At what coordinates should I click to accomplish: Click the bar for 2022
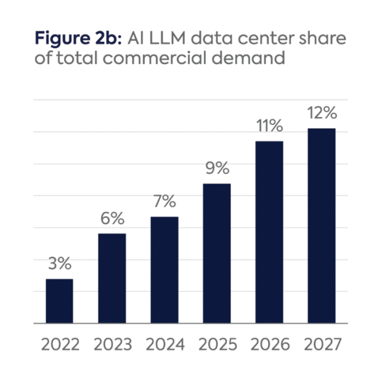pyautogui.click(x=60, y=301)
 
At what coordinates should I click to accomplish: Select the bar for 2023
pyautogui.click(x=112, y=278)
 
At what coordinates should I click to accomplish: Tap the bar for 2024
pyautogui.click(x=165, y=270)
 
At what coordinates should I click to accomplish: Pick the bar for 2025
pyautogui.click(x=217, y=253)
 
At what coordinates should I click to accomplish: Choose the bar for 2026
pyautogui.click(x=269, y=232)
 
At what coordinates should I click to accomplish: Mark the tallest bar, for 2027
pyautogui.click(x=322, y=225)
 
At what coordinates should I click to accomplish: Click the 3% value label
pyautogui.click(x=60, y=264)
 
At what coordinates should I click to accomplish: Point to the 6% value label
pyautogui.click(x=112, y=219)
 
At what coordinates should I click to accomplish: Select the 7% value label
pyautogui.click(x=165, y=201)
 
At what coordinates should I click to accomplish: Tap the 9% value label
pyautogui.click(x=217, y=168)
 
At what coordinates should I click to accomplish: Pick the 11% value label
pyautogui.click(x=269, y=126)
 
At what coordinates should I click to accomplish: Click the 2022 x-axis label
pyautogui.click(x=60, y=344)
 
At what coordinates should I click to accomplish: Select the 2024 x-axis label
pyautogui.click(x=165, y=344)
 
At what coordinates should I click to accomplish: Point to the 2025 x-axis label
pyautogui.click(x=217, y=344)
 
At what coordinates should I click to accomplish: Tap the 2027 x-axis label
pyautogui.click(x=322, y=344)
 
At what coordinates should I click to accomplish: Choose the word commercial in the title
pyautogui.click(x=184, y=60)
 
